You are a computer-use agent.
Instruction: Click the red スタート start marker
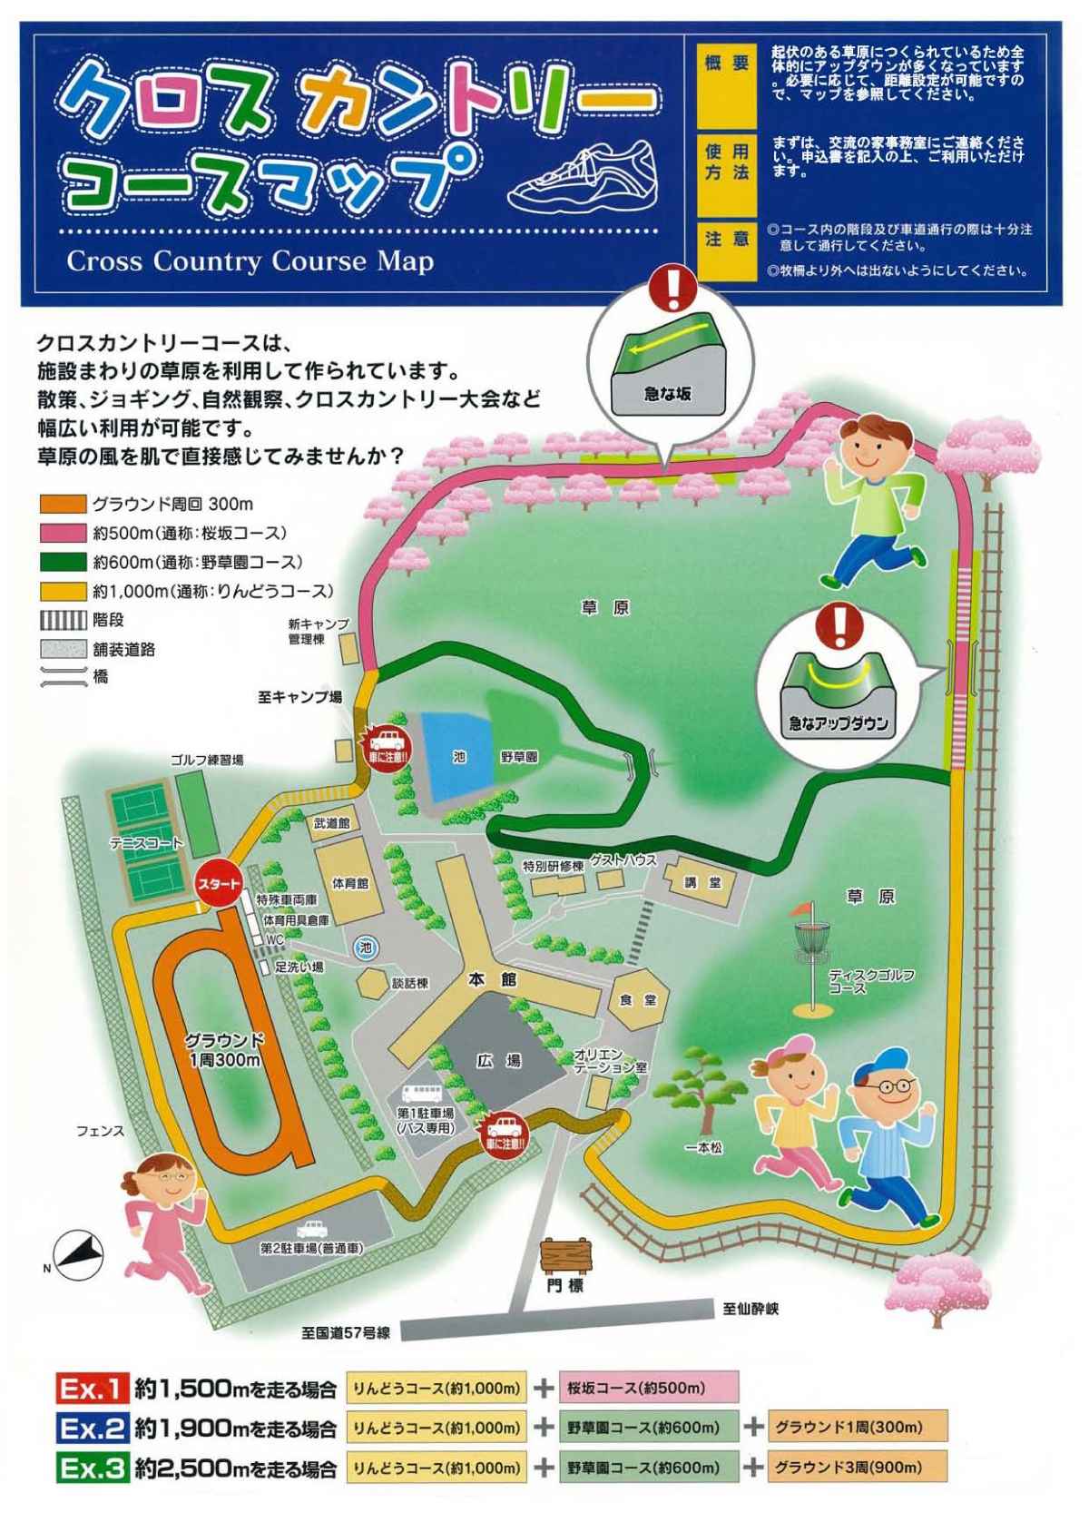(x=219, y=883)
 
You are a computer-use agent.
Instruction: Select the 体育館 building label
(x=349, y=882)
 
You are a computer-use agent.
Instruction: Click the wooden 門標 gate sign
(x=564, y=1256)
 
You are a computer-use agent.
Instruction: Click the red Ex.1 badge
(x=92, y=1388)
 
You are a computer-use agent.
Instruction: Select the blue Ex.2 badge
(x=92, y=1428)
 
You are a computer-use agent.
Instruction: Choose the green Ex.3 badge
(x=92, y=1468)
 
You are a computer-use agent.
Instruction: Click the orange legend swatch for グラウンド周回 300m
(x=62, y=504)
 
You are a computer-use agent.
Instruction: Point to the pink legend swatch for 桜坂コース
(x=62, y=533)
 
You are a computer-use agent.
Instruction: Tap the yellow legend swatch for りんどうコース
(x=62, y=591)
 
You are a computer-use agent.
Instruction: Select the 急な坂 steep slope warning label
(x=668, y=394)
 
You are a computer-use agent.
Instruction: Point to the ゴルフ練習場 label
(x=207, y=759)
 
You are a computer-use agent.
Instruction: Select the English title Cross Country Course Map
(x=250, y=261)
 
